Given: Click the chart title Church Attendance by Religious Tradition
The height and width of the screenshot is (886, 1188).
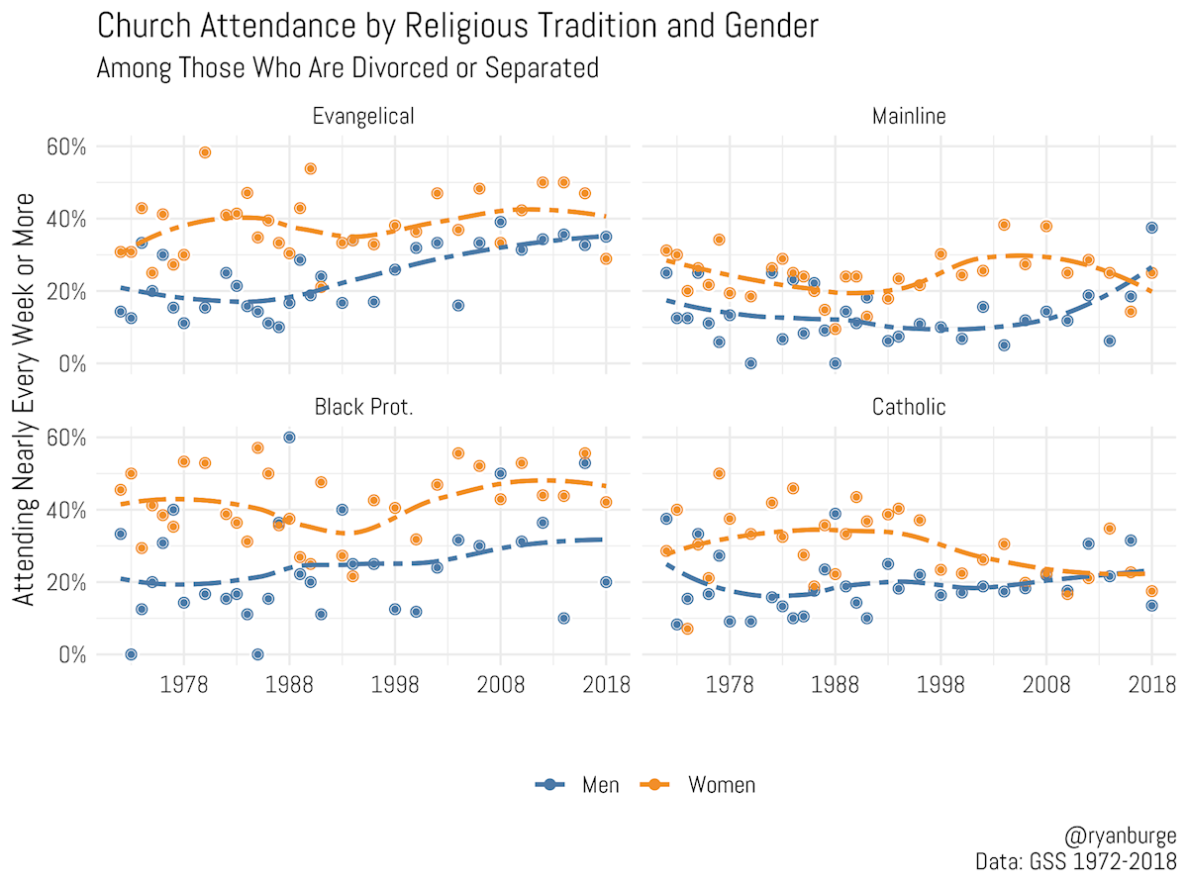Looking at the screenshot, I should [x=457, y=27].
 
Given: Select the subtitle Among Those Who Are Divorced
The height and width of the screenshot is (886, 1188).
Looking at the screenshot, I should [x=347, y=68].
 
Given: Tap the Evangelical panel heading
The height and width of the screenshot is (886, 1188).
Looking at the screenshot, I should [x=362, y=117].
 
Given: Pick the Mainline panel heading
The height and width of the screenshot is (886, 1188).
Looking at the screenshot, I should [x=909, y=117].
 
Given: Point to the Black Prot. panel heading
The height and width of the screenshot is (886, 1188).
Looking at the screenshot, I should [x=362, y=407].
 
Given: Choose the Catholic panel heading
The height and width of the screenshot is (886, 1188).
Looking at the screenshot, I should [x=909, y=407].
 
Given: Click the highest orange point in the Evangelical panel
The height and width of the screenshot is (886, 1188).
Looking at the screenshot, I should [x=205, y=152].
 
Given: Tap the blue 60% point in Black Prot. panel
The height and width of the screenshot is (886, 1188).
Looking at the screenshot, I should [x=289, y=438].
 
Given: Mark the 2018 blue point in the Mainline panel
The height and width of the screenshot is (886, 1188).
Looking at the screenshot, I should [x=1151, y=228].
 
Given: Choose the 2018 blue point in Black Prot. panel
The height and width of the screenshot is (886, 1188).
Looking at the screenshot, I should [x=606, y=582].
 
